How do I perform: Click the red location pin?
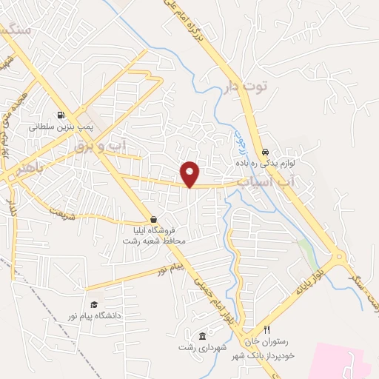pos(190,174)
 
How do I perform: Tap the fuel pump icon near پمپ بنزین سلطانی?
pos(60,115)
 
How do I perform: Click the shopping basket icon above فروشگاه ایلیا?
pos(153,219)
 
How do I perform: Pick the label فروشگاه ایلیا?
pos(154,231)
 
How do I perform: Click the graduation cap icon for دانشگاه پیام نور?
pos(94,304)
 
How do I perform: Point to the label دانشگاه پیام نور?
pos(95,316)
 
